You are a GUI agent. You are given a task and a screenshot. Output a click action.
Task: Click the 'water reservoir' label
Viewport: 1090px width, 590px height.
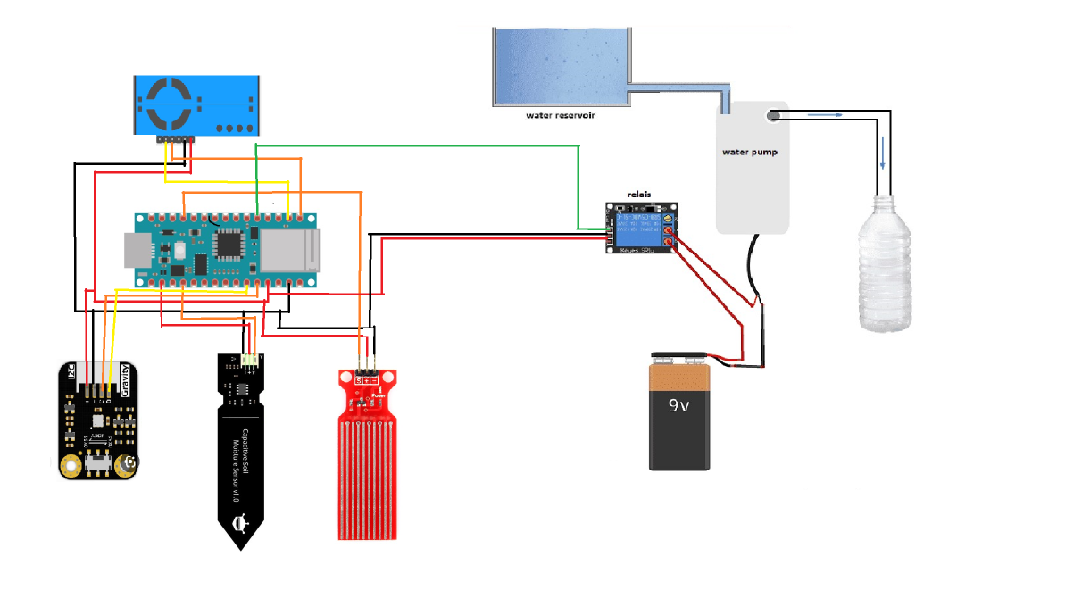click(x=561, y=115)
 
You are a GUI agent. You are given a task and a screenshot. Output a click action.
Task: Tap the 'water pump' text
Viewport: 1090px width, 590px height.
click(x=749, y=152)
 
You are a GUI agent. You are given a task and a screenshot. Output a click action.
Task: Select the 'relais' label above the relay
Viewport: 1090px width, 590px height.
click(x=640, y=194)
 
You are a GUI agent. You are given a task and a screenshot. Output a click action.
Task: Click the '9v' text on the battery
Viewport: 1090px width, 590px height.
click(x=679, y=404)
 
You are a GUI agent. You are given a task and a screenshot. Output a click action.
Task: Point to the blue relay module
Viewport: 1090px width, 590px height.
click(x=642, y=228)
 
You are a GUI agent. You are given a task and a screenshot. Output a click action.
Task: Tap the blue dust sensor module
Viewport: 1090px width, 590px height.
click(x=196, y=105)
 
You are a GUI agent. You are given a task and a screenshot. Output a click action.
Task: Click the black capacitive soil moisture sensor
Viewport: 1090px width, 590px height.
click(x=241, y=446)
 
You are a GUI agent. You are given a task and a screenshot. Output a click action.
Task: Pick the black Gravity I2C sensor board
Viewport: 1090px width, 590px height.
click(x=98, y=420)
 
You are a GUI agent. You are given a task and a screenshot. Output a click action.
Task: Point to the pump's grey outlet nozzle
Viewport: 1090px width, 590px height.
click(x=774, y=114)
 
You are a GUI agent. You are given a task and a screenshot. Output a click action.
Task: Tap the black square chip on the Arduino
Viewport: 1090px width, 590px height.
click(x=229, y=244)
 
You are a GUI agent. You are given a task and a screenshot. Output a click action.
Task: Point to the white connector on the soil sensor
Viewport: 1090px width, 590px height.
click(x=250, y=361)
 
